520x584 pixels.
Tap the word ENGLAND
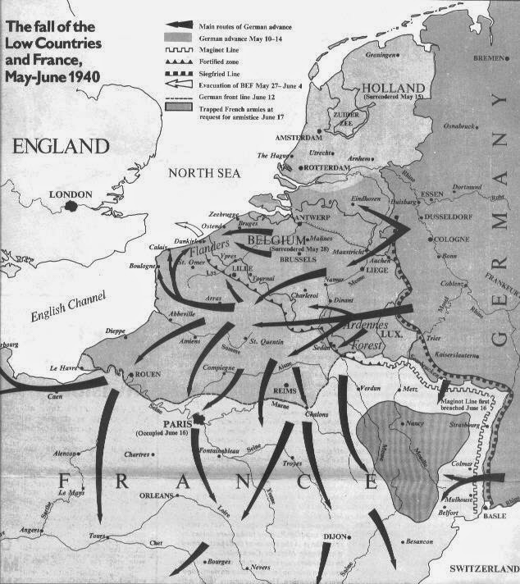coord(61,147)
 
